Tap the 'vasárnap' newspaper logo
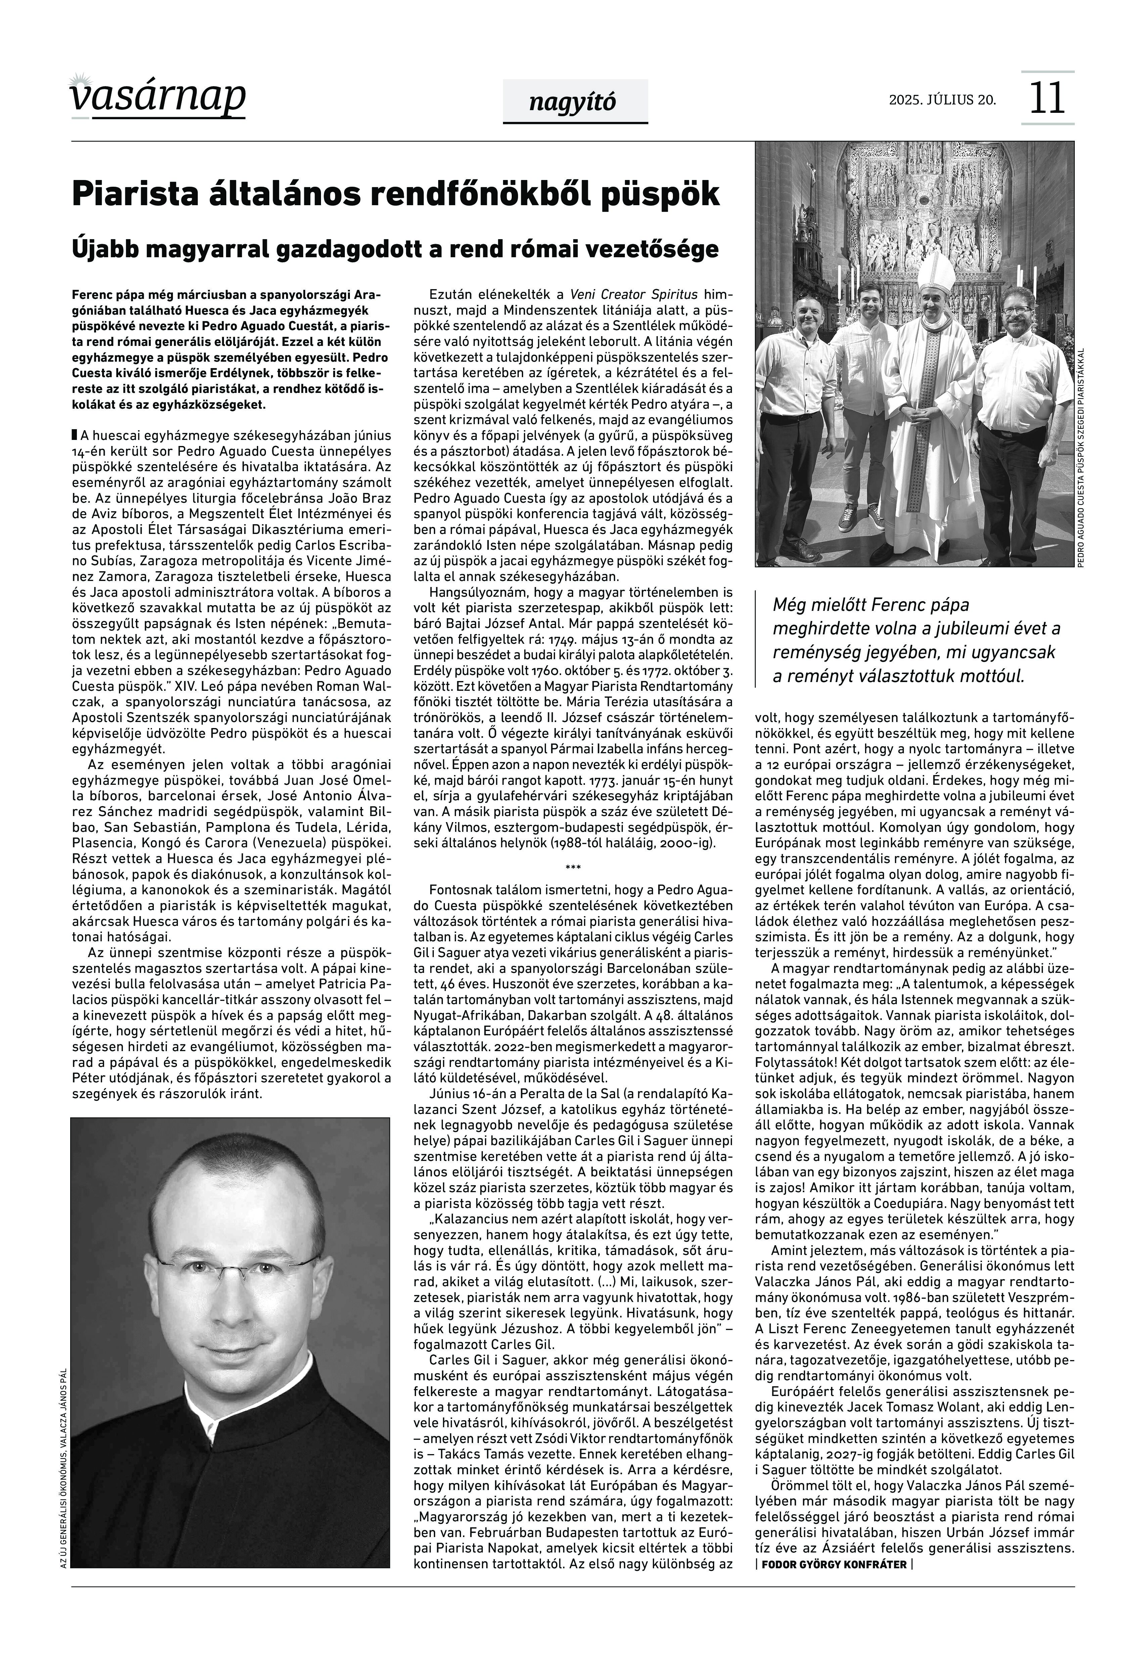point(158,97)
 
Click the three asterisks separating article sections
point(573,868)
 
